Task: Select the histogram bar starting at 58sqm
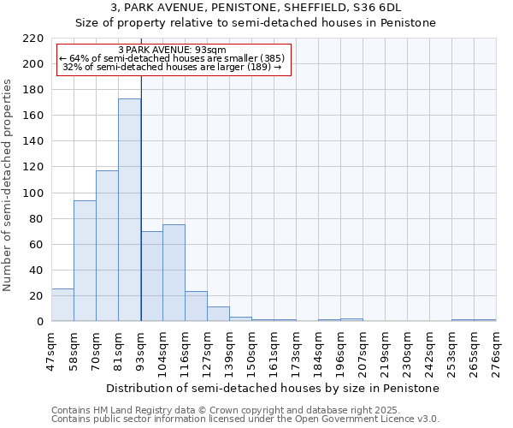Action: click(x=85, y=260)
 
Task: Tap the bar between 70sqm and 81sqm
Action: click(x=107, y=246)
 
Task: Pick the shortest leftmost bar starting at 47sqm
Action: click(x=62, y=305)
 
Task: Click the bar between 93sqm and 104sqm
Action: click(x=151, y=276)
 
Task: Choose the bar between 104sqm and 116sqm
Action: click(x=174, y=272)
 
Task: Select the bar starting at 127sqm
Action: click(x=218, y=314)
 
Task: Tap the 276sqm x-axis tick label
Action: click(x=497, y=348)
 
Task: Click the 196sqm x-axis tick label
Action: click(x=341, y=348)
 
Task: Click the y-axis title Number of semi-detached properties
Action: click(x=9, y=184)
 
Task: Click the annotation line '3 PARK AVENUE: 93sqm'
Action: click(x=173, y=51)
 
